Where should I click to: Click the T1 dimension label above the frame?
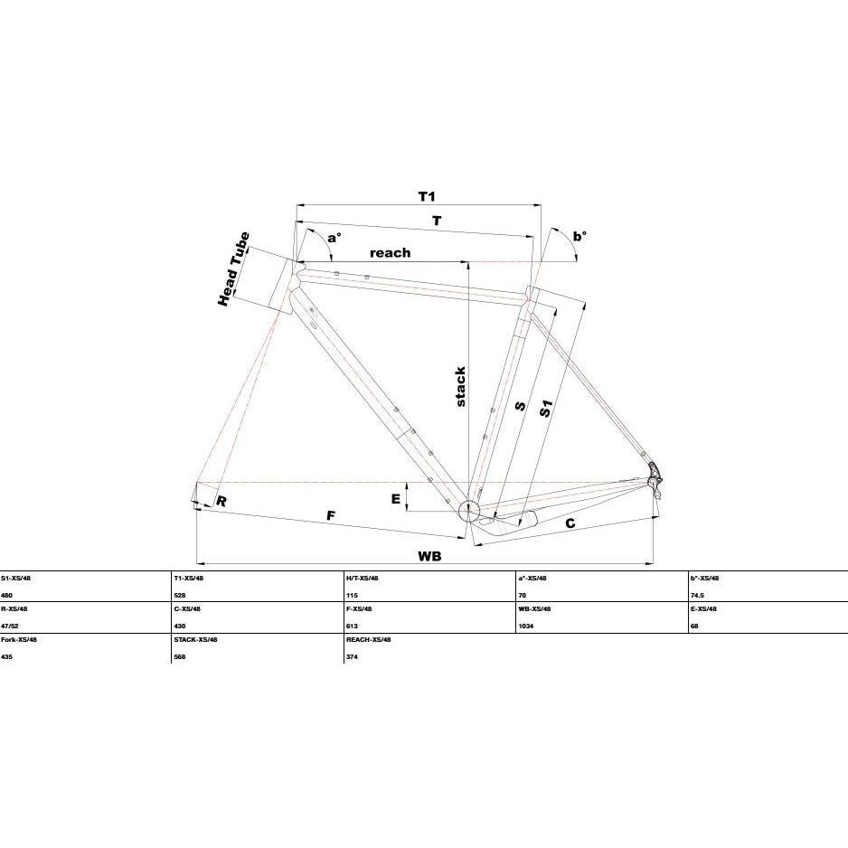(428, 196)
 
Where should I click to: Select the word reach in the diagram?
(390, 252)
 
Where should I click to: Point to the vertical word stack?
(459, 387)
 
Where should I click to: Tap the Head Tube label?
(233, 269)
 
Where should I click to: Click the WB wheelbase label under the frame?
(430, 556)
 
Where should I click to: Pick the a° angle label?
(334, 238)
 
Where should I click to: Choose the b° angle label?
(579, 236)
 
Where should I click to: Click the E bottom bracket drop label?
(396, 499)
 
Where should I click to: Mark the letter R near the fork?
(221, 502)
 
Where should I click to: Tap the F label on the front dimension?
(331, 516)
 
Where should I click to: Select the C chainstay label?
(570, 523)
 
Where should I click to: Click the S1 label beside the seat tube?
(546, 409)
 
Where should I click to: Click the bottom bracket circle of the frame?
(469, 510)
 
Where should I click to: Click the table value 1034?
(526, 627)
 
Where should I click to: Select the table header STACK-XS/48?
(196, 639)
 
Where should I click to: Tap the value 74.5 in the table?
(698, 596)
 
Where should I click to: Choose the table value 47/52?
(10, 627)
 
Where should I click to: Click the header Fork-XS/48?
(19, 639)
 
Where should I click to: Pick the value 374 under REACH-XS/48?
(352, 657)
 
